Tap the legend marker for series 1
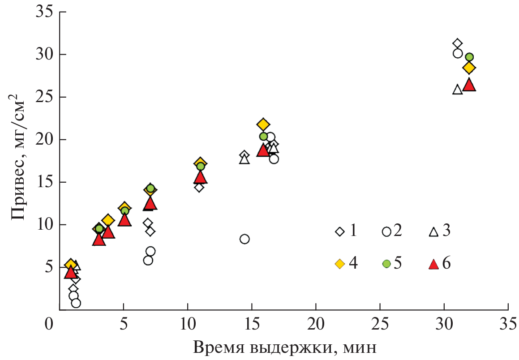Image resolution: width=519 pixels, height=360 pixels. point(340,231)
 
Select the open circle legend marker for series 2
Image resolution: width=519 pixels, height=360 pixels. point(386,231)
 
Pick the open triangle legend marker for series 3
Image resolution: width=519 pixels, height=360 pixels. point(433,231)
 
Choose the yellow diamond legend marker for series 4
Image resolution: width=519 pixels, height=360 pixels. point(340,264)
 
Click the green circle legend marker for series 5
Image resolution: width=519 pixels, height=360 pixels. point(386,264)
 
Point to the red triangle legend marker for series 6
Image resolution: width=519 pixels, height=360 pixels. point(433,264)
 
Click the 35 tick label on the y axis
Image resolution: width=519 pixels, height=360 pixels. point(44,13)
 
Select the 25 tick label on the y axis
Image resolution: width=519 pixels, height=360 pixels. point(44,97)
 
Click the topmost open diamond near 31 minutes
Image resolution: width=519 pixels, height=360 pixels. point(457,43)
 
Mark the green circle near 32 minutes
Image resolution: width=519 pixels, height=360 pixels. point(469,57)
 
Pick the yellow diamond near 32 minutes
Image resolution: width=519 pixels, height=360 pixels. point(469,68)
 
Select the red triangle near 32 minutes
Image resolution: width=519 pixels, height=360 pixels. point(469,85)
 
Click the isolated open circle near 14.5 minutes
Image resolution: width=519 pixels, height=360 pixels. point(244,239)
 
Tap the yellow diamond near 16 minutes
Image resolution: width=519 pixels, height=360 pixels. point(263,124)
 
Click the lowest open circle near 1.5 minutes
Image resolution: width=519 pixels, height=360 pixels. point(76,303)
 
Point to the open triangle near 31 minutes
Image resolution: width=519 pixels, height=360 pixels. point(457,90)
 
